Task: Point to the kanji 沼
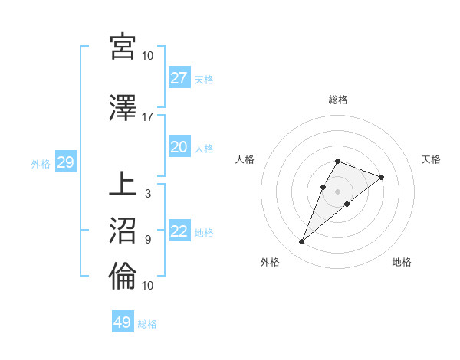[x=123, y=229]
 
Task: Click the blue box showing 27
[x=179, y=78]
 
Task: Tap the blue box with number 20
[x=179, y=147]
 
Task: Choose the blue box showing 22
[x=179, y=232]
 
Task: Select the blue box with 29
[x=65, y=163]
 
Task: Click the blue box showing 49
[x=123, y=322]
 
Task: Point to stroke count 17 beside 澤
[x=148, y=117]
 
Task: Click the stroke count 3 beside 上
[x=148, y=193]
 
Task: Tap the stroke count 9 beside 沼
[x=148, y=239]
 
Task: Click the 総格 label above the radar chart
[x=337, y=100]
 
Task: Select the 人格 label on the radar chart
[x=245, y=159]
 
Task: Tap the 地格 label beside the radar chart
[x=402, y=263]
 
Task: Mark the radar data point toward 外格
[x=301, y=242]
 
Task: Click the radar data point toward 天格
[x=381, y=177]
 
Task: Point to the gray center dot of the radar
[x=337, y=191]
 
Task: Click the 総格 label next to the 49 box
[x=147, y=324]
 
